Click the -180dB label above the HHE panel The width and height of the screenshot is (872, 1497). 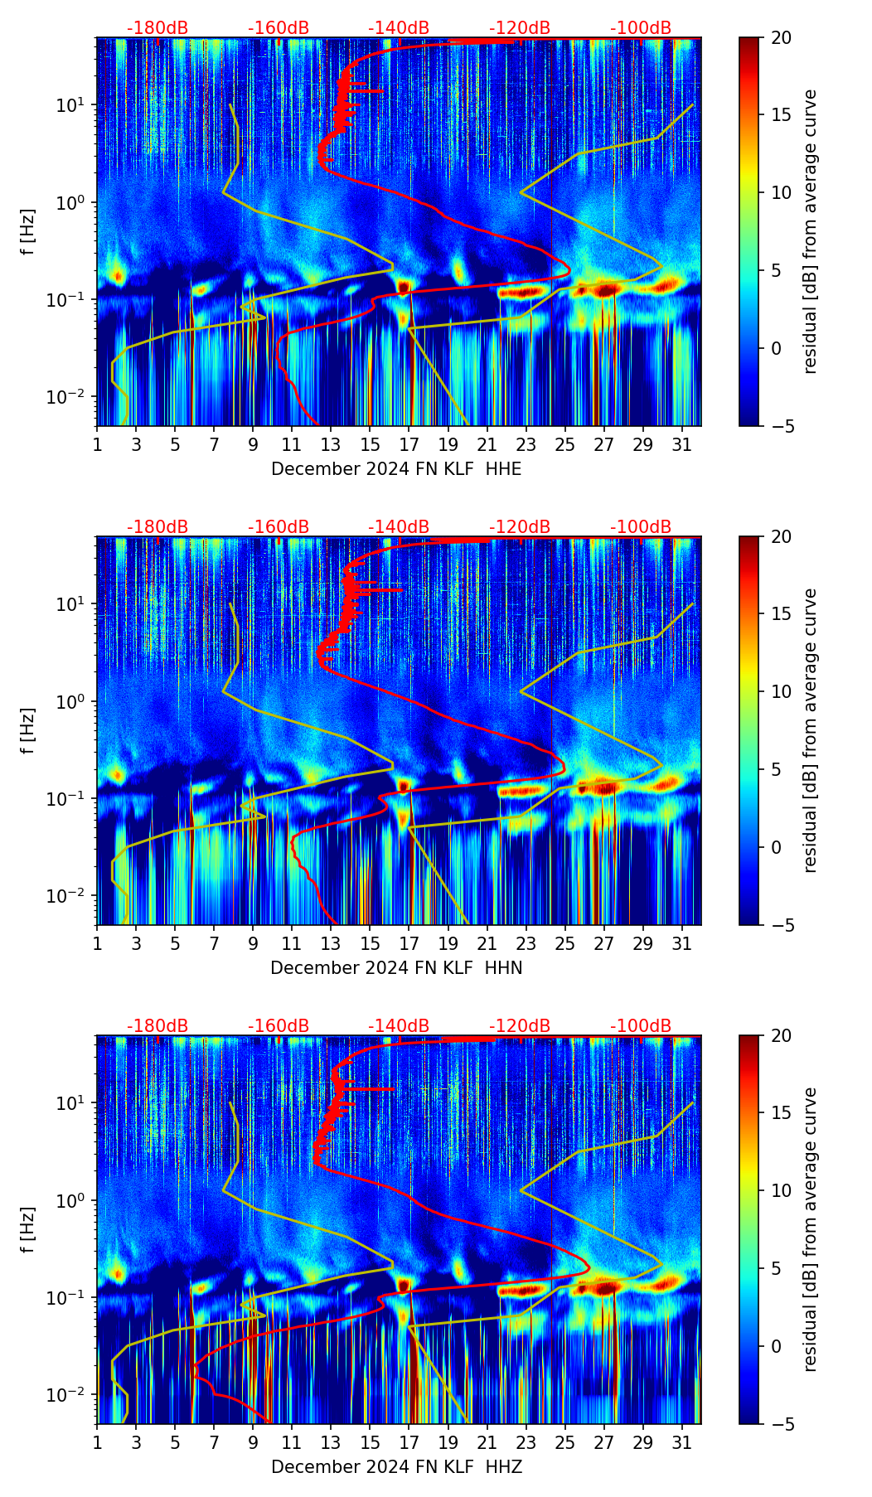[157, 28]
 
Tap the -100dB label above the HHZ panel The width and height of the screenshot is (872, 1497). [641, 1026]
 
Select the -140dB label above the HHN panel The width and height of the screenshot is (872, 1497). [399, 527]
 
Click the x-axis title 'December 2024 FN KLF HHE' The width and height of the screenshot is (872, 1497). [396, 469]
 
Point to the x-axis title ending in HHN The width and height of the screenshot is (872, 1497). [396, 968]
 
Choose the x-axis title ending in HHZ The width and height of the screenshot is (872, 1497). [396, 1467]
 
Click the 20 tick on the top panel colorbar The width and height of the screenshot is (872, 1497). [780, 37]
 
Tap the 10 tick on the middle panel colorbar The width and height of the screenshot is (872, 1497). [780, 691]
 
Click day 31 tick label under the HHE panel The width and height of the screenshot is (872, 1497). [682, 444]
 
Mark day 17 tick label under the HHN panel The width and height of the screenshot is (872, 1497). [409, 943]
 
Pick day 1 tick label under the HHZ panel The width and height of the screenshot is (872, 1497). [97, 1442]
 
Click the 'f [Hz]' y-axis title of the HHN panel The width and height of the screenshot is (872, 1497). [28, 730]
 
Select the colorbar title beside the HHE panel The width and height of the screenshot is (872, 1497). [811, 231]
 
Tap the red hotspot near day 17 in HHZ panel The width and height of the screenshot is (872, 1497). [404, 1285]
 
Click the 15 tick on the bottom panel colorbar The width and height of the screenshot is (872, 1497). [780, 1113]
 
